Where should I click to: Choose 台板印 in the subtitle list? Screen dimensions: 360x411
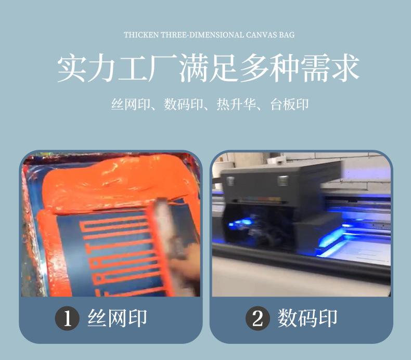289,104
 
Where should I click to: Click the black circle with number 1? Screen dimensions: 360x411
67,318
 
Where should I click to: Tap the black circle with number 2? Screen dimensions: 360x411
258,318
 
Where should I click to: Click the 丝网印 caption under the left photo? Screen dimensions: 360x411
118,318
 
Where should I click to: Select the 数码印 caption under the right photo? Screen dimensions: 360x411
308,318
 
